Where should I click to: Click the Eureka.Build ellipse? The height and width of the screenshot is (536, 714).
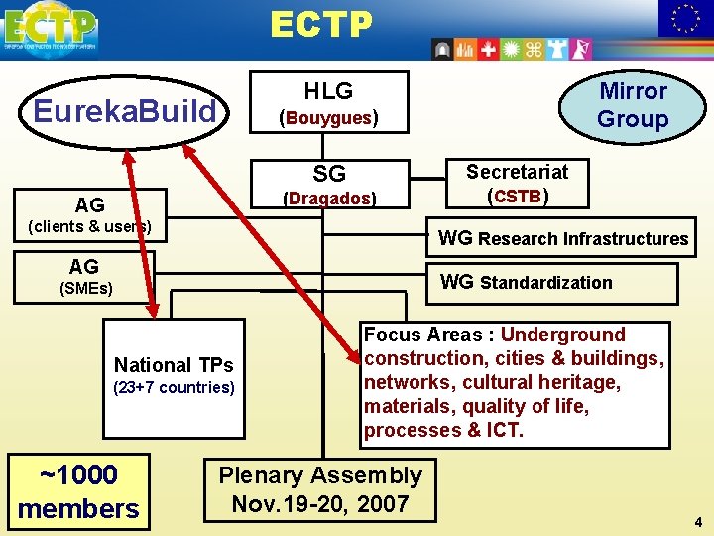coord(124,111)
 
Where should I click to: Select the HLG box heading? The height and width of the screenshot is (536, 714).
coord(328,91)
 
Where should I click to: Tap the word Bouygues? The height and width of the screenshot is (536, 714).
coord(328,118)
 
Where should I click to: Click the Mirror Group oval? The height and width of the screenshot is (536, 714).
coord(633,105)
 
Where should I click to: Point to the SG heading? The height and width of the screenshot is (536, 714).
coord(329,174)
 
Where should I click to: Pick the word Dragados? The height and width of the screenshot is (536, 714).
coord(328,198)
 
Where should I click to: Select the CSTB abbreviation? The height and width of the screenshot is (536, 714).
coord(517,196)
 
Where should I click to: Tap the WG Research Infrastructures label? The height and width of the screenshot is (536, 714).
coord(563,238)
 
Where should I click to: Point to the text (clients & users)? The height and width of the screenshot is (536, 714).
coord(89,226)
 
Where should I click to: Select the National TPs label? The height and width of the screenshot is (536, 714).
coord(174,364)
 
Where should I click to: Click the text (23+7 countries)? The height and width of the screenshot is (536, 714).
coord(174,387)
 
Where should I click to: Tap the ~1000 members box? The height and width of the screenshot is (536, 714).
coord(78,491)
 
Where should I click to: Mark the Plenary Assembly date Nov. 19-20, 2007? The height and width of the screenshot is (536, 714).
coord(320,503)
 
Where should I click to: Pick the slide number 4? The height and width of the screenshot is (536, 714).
coord(697,521)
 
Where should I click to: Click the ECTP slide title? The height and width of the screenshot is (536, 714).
coord(320,25)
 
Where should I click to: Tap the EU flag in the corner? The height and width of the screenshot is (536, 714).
coord(685,18)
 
